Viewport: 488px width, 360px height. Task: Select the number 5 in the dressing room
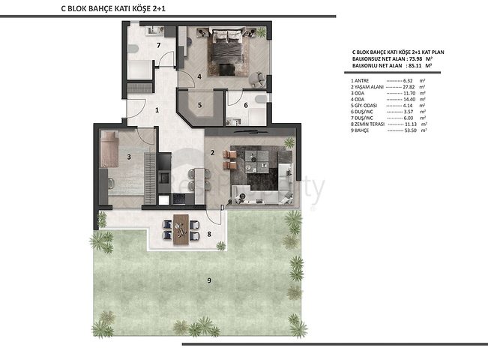point(199,106)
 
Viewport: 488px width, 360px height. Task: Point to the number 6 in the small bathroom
point(245,106)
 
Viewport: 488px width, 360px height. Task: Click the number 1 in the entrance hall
point(157,110)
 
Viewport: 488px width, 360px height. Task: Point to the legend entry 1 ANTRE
point(361,79)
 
